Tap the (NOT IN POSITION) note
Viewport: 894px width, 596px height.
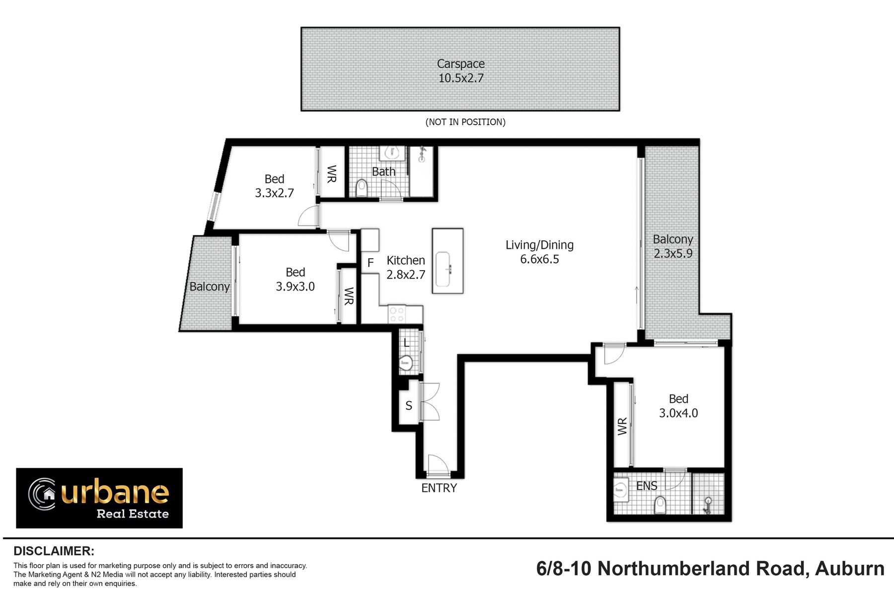click(x=465, y=122)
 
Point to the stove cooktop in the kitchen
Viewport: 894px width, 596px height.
click(x=397, y=313)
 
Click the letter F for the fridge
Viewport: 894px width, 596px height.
click(x=371, y=263)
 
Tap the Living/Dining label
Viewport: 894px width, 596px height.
click(x=539, y=252)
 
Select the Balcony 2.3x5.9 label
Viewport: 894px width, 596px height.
click(x=673, y=246)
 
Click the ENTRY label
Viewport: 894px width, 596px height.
click(x=439, y=488)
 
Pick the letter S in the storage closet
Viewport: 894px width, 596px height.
click(x=409, y=406)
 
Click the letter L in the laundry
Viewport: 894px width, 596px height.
click(x=406, y=342)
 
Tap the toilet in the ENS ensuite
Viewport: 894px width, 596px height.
click(x=660, y=505)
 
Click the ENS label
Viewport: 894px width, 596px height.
click(x=647, y=486)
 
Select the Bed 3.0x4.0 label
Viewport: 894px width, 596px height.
click(x=678, y=406)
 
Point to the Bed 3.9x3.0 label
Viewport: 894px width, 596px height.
click(x=296, y=279)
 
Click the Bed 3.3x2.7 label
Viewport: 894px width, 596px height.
click(x=275, y=186)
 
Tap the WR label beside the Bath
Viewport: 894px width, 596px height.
click(x=332, y=174)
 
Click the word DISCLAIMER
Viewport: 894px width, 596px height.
click(x=54, y=551)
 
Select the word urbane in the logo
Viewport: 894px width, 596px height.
click(x=115, y=491)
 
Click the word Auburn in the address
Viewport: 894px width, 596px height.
click(x=850, y=568)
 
